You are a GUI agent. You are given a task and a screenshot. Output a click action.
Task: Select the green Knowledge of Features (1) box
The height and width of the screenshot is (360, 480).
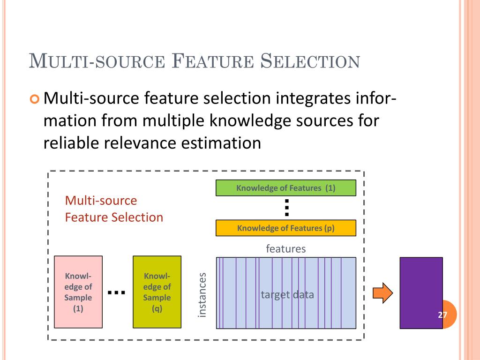[x=285, y=188]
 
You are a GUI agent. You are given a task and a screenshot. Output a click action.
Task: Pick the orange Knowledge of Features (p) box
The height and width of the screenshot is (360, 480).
[x=285, y=228]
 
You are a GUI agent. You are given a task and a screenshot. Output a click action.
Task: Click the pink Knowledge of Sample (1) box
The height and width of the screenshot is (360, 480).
[x=78, y=292]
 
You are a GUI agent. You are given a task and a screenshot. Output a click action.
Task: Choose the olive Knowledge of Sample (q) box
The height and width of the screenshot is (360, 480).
[x=157, y=292]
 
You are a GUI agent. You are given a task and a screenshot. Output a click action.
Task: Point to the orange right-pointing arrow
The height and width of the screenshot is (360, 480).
[x=382, y=293]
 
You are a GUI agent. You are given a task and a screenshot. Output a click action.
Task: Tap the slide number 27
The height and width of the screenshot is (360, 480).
[x=442, y=315]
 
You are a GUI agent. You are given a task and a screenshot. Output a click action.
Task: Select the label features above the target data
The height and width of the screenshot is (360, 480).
[x=285, y=248]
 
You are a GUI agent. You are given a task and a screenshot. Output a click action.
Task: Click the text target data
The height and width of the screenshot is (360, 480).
[x=287, y=295]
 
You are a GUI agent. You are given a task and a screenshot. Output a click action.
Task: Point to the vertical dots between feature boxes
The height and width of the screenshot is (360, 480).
[x=287, y=208]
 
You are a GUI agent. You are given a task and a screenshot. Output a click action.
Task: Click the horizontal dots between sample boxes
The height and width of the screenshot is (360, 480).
[x=116, y=292]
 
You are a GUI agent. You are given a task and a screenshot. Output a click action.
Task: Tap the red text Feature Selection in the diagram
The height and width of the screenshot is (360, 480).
[x=114, y=217]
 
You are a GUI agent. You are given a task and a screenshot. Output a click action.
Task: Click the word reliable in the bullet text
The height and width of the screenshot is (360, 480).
[x=71, y=142]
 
